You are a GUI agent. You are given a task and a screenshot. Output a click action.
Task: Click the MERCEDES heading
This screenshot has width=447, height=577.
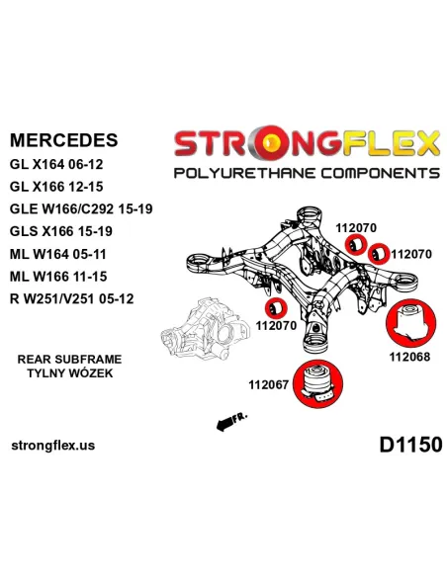[63, 140]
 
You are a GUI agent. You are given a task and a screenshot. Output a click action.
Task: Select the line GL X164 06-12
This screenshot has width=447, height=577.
[56, 164]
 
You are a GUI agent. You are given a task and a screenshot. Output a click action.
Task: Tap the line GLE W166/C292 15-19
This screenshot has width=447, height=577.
[81, 209]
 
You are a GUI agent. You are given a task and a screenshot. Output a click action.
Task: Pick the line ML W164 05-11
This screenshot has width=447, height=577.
[58, 254]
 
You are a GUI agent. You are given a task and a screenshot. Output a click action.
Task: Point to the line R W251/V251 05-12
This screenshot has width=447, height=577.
[72, 298]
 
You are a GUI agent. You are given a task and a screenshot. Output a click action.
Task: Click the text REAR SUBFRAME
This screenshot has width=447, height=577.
[69, 360]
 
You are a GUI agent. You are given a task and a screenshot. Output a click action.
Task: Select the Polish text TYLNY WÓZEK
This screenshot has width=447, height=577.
[70, 372]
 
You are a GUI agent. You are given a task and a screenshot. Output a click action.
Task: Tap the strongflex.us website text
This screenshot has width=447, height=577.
[53, 446]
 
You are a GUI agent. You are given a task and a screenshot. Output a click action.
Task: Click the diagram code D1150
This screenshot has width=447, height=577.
[410, 445]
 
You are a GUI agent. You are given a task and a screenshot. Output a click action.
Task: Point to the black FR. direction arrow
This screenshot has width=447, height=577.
[231, 422]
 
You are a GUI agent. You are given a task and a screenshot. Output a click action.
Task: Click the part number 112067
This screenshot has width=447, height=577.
[268, 385]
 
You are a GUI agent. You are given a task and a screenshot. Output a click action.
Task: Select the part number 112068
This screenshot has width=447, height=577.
[409, 357]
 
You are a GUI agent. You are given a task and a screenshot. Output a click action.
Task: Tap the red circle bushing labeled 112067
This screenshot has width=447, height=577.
[318, 383]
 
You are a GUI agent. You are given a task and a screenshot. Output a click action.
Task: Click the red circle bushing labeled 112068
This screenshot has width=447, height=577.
[410, 323]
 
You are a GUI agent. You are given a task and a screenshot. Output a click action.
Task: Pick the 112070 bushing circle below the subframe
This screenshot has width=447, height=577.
[276, 308]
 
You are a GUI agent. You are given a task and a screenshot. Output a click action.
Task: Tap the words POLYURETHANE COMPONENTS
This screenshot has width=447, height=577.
[307, 173]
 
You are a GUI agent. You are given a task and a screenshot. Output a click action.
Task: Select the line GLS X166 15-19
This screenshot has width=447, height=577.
[61, 231]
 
